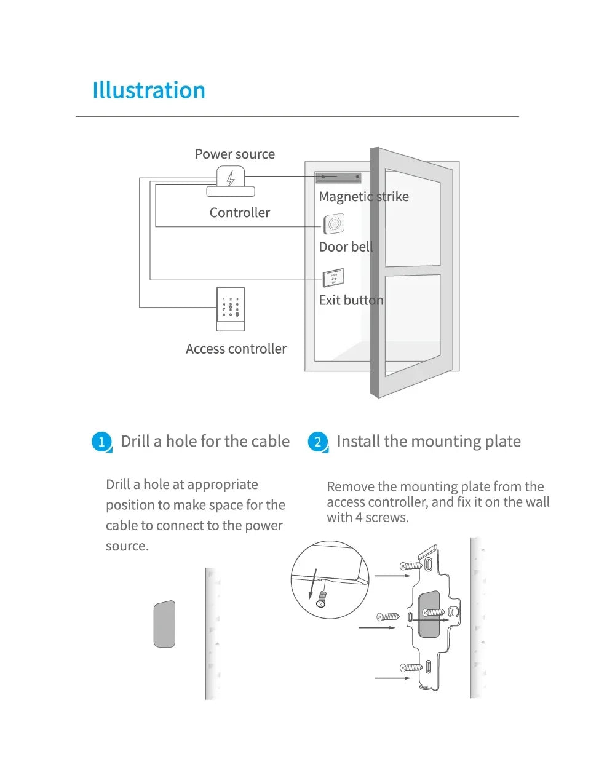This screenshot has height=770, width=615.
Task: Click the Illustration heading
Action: click(x=149, y=90)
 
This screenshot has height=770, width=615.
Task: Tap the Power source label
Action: click(x=234, y=154)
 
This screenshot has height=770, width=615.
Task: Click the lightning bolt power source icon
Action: click(x=231, y=178)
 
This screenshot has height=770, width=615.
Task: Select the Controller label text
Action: click(x=239, y=213)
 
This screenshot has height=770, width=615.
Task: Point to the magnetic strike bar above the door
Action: click(x=338, y=177)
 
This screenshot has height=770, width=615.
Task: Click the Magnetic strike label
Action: click(x=363, y=197)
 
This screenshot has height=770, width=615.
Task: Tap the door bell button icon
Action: click(x=334, y=224)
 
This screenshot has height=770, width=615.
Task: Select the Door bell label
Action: click(x=346, y=247)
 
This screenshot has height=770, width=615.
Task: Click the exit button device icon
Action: click(x=333, y=278)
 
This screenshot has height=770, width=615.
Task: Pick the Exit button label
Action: click(x=351, y=300)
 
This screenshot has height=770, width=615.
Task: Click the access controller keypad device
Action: click(x=231, y=308)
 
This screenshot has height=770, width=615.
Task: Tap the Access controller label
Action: click(x=236, y=349)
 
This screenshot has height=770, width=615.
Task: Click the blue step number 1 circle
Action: click(x=101, y=442)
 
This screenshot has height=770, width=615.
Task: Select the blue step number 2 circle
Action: click(x=317, y=442)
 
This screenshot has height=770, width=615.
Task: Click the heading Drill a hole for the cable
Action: click(x=205, y=442)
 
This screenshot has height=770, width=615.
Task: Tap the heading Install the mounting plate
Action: click(x=429, y=442)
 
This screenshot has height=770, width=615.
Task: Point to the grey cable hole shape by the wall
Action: click(x=164, y=624)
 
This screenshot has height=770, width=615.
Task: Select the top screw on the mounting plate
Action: click(x=411, y=565)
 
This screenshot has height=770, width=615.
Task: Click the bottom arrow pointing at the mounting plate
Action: click(x=393, y=678)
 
